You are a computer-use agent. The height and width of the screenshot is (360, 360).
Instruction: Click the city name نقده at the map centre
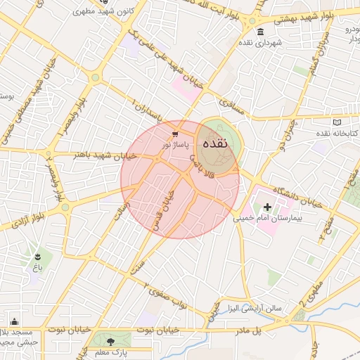215,143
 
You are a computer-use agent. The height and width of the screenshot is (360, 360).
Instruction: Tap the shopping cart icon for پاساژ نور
174,133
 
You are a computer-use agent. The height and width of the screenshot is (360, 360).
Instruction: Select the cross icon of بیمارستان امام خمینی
267,207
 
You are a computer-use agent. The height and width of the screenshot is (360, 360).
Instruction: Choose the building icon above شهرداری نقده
261,32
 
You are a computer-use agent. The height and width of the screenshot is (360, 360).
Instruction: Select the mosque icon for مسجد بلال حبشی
15,322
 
